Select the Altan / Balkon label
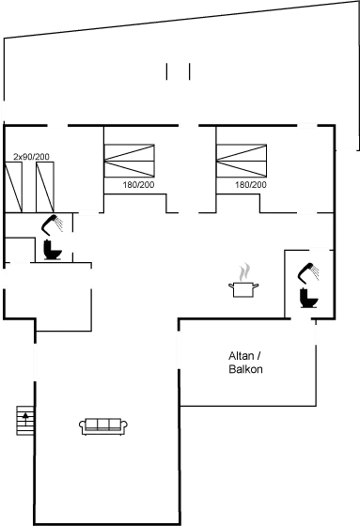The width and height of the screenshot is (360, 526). pyautogui.click(x=245, y=363)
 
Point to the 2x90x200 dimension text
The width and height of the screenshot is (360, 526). pyautogui.click(x=30, y=156)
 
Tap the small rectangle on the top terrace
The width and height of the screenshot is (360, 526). pyautogui.click(x=178, y=71)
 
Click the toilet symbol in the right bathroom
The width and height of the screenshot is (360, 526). pyautogui.click(x=307, y=287)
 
